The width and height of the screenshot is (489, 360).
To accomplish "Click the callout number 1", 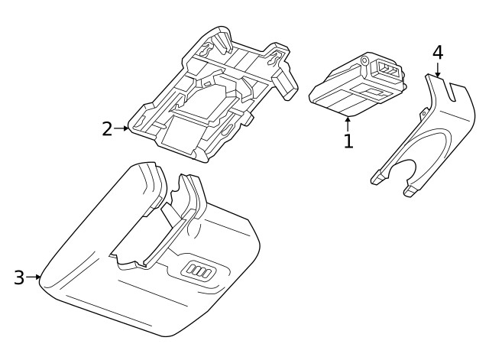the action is point(348,141).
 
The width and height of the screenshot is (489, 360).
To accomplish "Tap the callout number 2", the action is point(107,129).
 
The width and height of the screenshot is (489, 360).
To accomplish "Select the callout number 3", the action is point(19,277).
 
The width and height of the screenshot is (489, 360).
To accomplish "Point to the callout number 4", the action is point(438,53).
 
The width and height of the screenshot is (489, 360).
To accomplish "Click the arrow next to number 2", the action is point(121,128).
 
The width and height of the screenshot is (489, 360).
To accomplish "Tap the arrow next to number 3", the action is point(34,277).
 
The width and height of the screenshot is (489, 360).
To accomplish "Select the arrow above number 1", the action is point(348,124).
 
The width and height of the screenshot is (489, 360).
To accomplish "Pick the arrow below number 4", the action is point(438,70).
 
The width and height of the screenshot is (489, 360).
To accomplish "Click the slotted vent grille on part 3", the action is point(198,269).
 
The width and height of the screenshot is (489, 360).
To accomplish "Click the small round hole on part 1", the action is point(364,61).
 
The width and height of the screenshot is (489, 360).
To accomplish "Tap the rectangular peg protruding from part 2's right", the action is point(285,83).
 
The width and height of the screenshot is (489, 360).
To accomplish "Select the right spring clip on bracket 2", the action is point(275,59).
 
